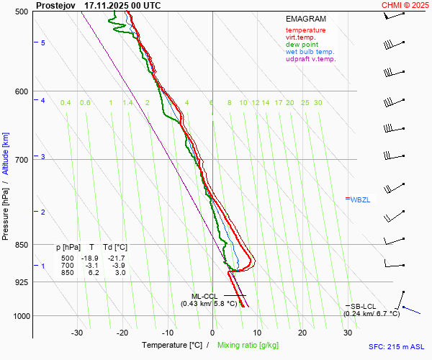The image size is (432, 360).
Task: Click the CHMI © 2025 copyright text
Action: [x=405, y=5]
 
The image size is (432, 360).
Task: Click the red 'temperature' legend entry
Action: [x=305, y=30]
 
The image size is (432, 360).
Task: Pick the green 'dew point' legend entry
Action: [x=302, y=45]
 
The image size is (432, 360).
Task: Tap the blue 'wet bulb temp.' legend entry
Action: [x=310, y=52]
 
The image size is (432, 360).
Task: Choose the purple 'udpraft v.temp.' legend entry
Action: [x=310, y=59]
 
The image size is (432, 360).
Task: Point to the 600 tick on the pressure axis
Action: [x=22, y=91]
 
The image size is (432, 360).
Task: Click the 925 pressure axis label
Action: [x=22, y=282]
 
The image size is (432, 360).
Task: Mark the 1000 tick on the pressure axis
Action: [x=20, y=316]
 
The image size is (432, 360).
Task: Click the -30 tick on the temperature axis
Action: [x=78, y=332]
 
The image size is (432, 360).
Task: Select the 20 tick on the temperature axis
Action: [x=302, y=332]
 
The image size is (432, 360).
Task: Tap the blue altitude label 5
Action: [x=43, y=43]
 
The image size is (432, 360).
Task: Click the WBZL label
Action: [x=360, y=199]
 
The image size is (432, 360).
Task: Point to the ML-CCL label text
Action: [x=204, y=296]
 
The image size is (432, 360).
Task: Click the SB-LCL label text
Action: [x=364, y=306]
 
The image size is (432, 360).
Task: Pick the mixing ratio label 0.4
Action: [x=66, y=103]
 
